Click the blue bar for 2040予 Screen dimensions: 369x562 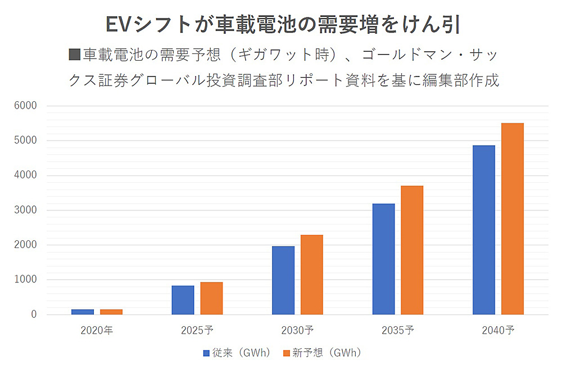point(484,229)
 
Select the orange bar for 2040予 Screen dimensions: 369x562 point(513,218)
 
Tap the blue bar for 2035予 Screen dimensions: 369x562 point(383,259)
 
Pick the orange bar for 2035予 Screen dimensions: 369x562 point(412,250)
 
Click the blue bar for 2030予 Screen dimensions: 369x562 point(283,280)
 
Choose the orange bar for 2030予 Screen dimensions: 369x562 point(312,274)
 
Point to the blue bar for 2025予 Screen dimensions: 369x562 point(183,300)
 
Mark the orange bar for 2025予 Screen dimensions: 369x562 point(212,298)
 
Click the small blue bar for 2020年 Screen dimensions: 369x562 point(83,312)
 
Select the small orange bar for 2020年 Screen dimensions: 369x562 point(111,312)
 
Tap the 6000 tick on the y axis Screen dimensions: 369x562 point(26,106)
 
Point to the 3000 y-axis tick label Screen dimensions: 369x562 point(26,210)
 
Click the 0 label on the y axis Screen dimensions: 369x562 point(33,314)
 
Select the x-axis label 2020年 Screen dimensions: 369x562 point(97,330)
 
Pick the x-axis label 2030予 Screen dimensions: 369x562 point(297,330)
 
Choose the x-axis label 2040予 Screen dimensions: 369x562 point(498,330)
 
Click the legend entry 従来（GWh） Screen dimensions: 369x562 point(237,353)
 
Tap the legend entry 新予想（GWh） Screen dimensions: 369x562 point(321,353)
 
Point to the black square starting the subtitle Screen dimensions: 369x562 point(74,55)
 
